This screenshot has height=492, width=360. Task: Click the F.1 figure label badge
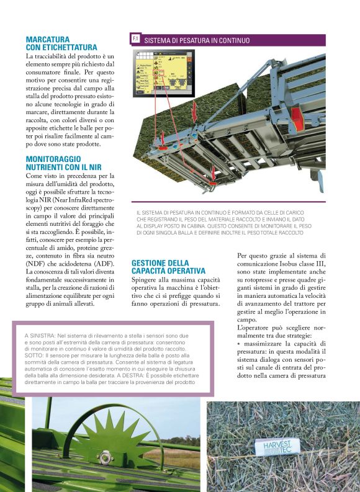coord(135,39)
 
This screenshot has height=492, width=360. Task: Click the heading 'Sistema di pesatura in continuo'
coord(197,40)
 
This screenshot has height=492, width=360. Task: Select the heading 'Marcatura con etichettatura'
coord(61,43)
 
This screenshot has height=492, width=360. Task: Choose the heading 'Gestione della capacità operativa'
coord(168,267)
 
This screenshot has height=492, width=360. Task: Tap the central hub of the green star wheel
coord(105,458)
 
